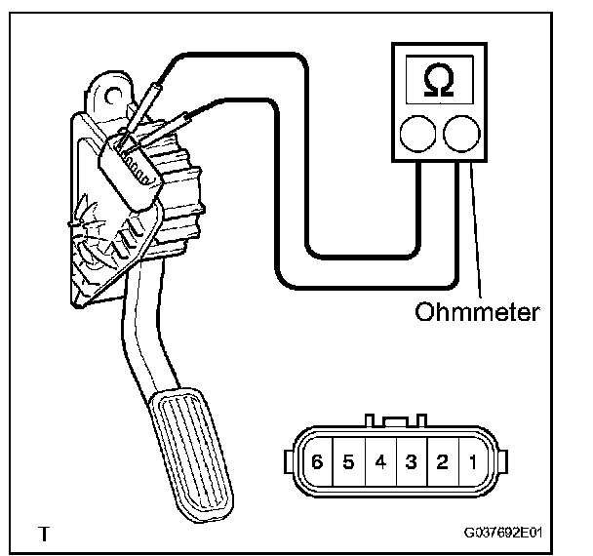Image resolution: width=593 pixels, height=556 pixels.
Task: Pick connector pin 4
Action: point(380,461)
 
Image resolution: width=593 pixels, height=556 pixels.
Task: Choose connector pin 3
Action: point(412,461)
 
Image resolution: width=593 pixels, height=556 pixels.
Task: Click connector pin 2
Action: point(443,461)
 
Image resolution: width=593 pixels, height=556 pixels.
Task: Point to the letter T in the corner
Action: point(43,535)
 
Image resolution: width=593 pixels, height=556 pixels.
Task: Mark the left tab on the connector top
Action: point(372,421)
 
